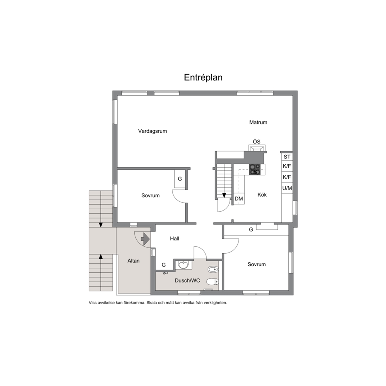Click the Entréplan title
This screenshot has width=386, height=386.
203,77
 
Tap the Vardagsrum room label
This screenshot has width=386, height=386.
153,131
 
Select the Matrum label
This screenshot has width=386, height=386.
258,122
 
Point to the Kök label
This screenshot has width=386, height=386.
262,195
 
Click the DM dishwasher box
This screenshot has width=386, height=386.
239,199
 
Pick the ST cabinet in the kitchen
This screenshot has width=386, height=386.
287,157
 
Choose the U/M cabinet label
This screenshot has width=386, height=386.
287,188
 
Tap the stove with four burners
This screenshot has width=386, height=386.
255,170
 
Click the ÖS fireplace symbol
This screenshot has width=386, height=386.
257,148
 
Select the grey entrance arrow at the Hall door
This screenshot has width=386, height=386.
145,239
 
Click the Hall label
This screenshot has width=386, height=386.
175,239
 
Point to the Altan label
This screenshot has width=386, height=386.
133,261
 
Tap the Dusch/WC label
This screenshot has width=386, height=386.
187,281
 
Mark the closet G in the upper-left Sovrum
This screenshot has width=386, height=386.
180,179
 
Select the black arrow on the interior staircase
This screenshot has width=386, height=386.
224,195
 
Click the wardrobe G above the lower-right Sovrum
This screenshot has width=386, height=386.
251,230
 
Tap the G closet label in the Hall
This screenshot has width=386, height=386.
164,265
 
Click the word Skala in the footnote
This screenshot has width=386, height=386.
151,303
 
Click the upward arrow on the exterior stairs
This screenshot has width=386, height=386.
100,257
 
